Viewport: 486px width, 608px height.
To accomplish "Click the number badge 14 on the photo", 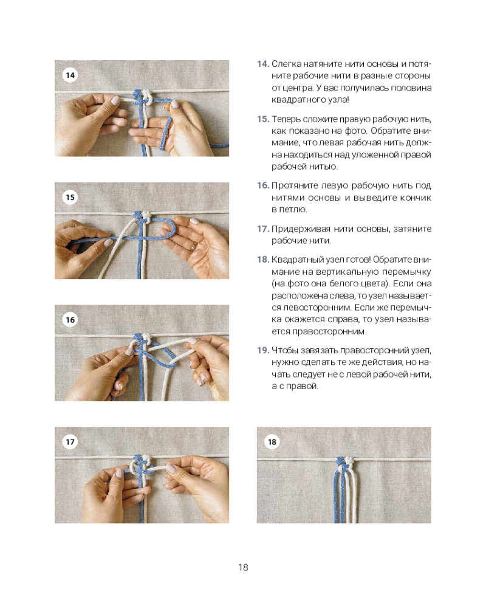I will (x=70, y=75).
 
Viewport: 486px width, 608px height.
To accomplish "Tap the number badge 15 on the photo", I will (x=70, y=198).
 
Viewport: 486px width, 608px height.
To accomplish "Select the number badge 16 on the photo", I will (x=70, y=320).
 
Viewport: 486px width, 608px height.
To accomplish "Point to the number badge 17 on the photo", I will (x=70, y=442).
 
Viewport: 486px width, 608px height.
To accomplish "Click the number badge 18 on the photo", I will (x=272, y=442).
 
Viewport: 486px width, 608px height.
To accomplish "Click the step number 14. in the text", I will (x=262, y=64).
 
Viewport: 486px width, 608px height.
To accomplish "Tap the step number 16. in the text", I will (x=262, y=185).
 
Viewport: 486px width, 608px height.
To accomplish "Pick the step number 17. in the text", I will (x=262, y=229).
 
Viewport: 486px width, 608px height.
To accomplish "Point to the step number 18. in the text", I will (x=262, y=259).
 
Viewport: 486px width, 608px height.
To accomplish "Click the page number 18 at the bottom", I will (x=243, y=568).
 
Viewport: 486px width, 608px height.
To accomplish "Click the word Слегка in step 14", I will (x=285, y=64).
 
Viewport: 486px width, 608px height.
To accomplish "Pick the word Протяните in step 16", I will (x=293, y=185).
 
